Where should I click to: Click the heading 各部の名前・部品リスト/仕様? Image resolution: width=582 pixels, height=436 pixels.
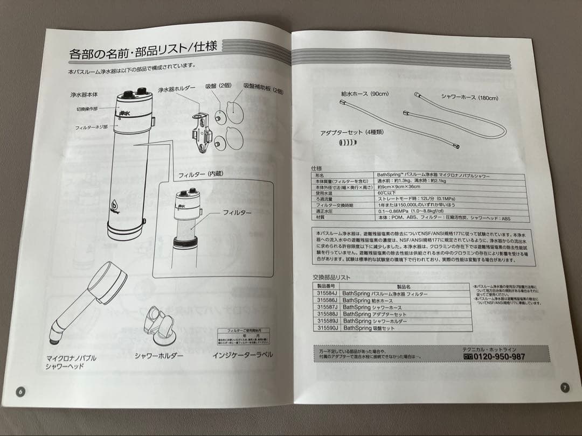[x=143, y=52]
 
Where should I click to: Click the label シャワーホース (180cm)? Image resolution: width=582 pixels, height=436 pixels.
[x=469, y=97]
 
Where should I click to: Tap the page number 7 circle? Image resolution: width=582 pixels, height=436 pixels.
[x=564, y=386]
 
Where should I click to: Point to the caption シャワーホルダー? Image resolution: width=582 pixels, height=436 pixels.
[x=159, y=356]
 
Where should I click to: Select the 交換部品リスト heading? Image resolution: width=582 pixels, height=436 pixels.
[x=332, y=277]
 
